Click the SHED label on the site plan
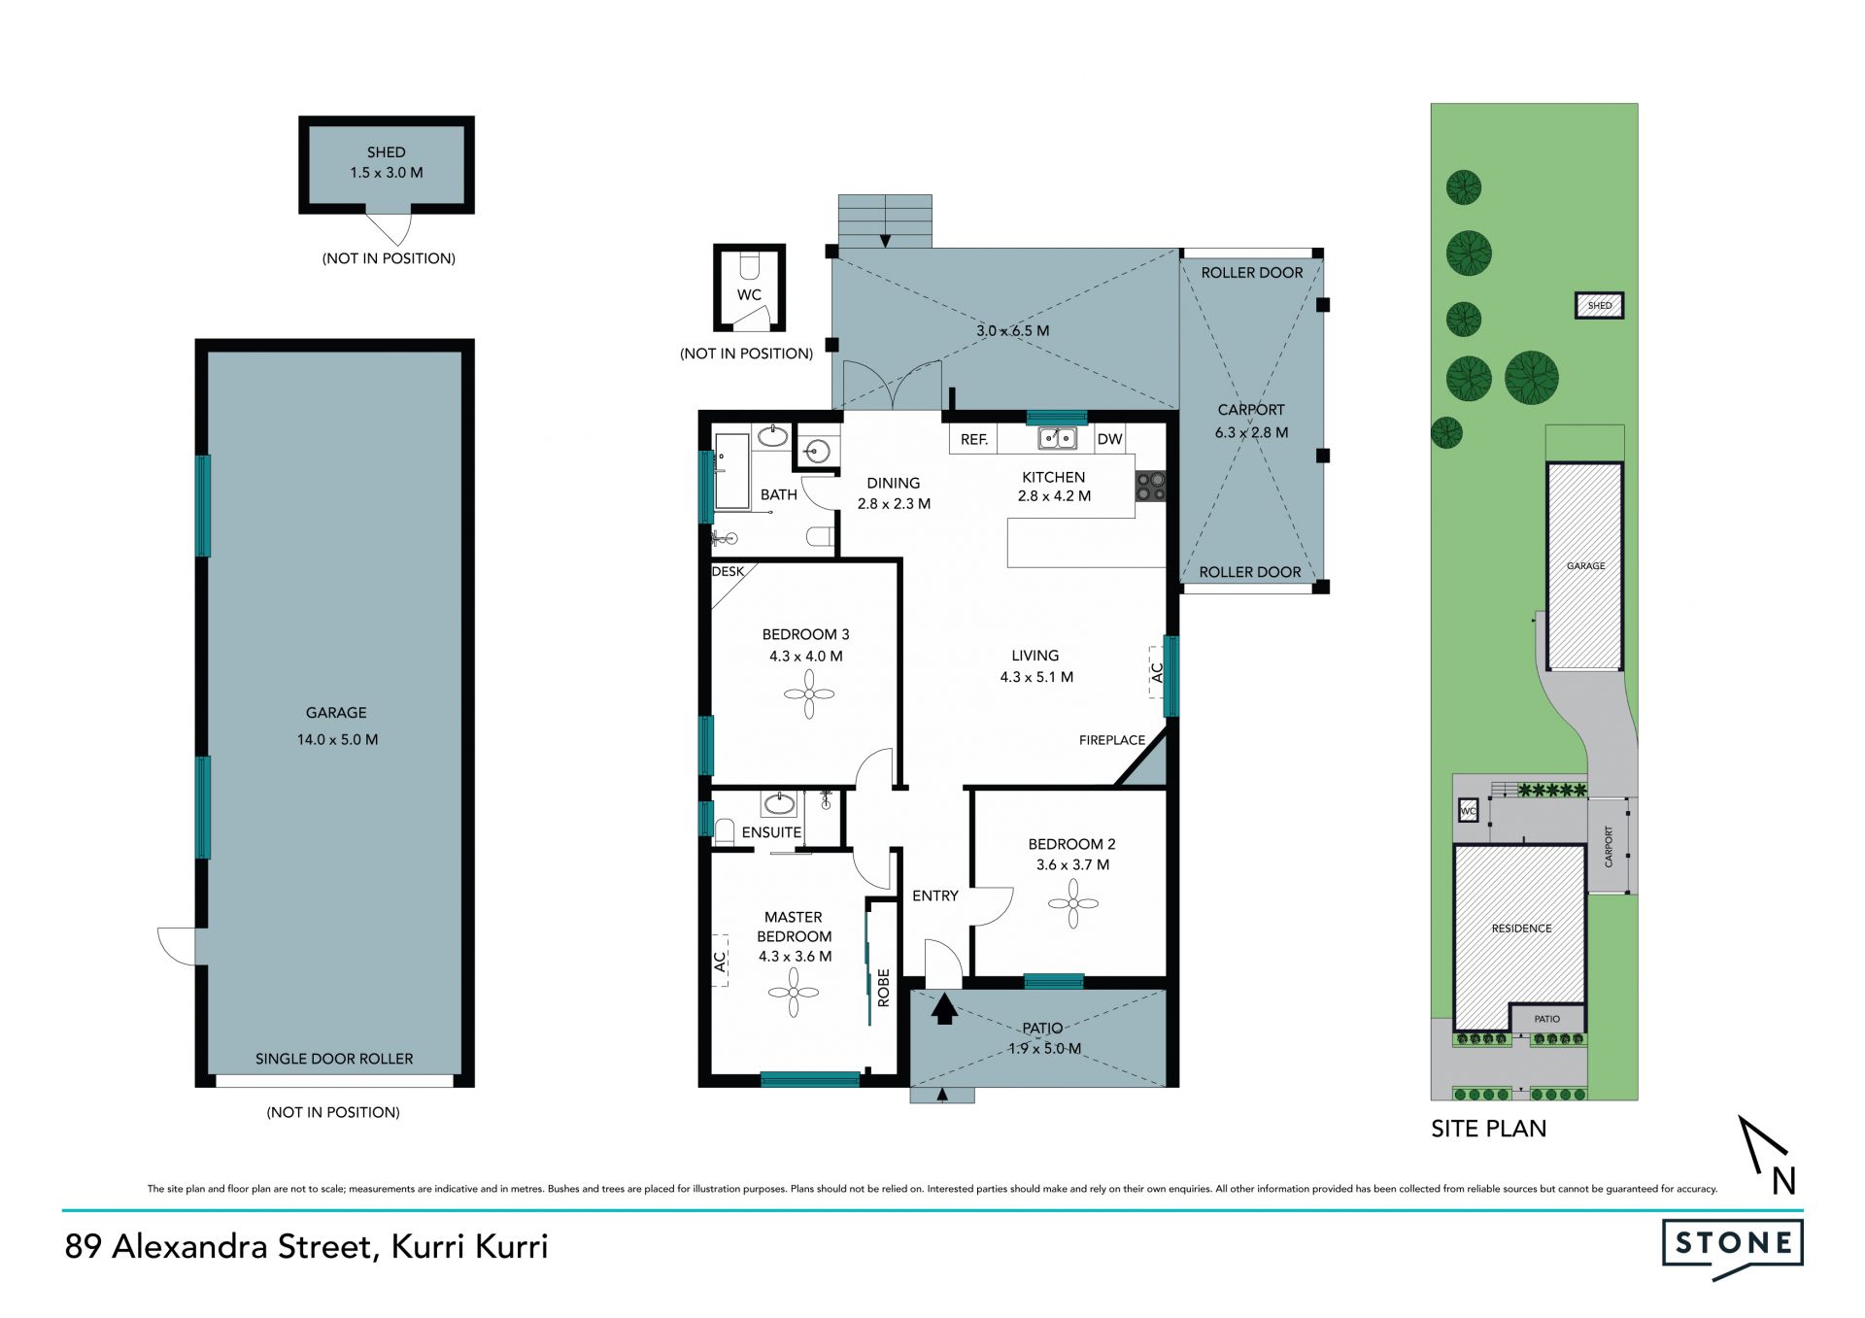(x=1599, y=306)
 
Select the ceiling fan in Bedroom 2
(x=1073, y=903)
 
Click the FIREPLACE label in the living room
(x=1111, y=740)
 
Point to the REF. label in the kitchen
(x=974, y=440)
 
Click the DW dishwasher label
(x=1109, y=439)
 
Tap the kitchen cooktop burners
(x=1150, y=487)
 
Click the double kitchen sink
(x=1057, y=439)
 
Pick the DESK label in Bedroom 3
(x=728, y=571)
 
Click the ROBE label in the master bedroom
(x=883, y=987)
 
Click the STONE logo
(x=1733, y=1249)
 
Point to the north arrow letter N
(x=1783, y=1180)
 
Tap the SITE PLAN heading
(x=1488, y=1129)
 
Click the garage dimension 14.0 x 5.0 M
(x=337, y=739)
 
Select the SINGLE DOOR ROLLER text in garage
(x=334, y=1059)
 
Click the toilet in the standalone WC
(x=749, y=266)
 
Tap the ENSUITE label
(x=771, y=832)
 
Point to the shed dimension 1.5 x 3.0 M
(x=387, y=173)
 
